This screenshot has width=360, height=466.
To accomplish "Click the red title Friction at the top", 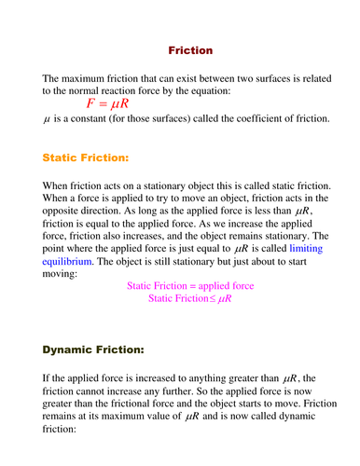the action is [190, 49].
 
